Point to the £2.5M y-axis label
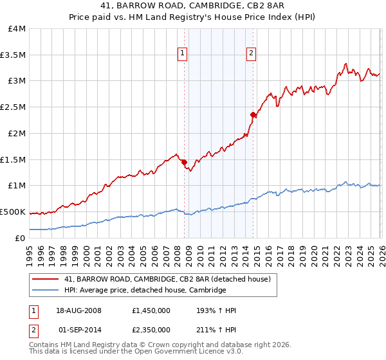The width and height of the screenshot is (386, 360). coord(14,107)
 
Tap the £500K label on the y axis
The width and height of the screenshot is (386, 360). coord(14,212)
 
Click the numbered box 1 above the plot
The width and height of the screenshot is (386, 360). coord(183,53)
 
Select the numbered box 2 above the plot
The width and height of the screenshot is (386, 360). coord(251,53)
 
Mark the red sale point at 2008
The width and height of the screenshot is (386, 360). coord(184,162)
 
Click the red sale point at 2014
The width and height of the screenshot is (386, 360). coord(253,115)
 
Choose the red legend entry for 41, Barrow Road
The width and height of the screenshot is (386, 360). coord(170,279)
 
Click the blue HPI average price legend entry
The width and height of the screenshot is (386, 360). coord(145,291)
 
